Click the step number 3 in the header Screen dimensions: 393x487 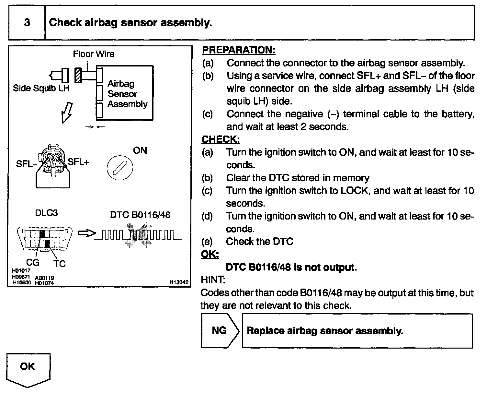[x=27, y=23]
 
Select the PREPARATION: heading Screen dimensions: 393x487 [x=238, y=50]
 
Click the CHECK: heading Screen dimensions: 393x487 [x=221, y=139]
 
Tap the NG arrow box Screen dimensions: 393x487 [x=220, y=330]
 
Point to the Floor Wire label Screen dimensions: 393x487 [x=94, y=54]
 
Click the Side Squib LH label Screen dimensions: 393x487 [x=41, y=88]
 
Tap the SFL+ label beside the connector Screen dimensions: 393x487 [x=78, y=162]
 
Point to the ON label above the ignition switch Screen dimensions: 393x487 [x=140, y=150]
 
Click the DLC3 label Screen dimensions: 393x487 [x=46, y=213]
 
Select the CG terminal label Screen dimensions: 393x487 [x=32, y=262]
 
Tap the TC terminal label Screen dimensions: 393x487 [x=60, y=264]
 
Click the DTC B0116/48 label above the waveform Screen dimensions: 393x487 [x=140, y=215]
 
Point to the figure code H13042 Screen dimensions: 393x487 [x=179, y=282]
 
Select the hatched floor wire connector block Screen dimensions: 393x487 [x=78, y=76]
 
